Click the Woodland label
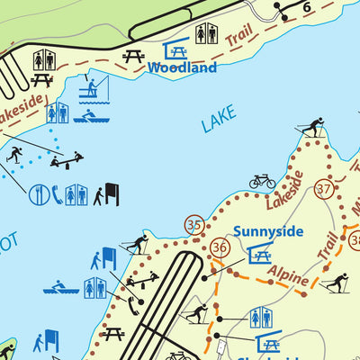183,67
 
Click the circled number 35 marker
194,224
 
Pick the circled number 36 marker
220,247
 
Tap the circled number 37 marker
325,189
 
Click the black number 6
307,6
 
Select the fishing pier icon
89,88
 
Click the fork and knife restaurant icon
40,193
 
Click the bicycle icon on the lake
262,181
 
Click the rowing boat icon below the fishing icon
87,115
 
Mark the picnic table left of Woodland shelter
134,57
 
